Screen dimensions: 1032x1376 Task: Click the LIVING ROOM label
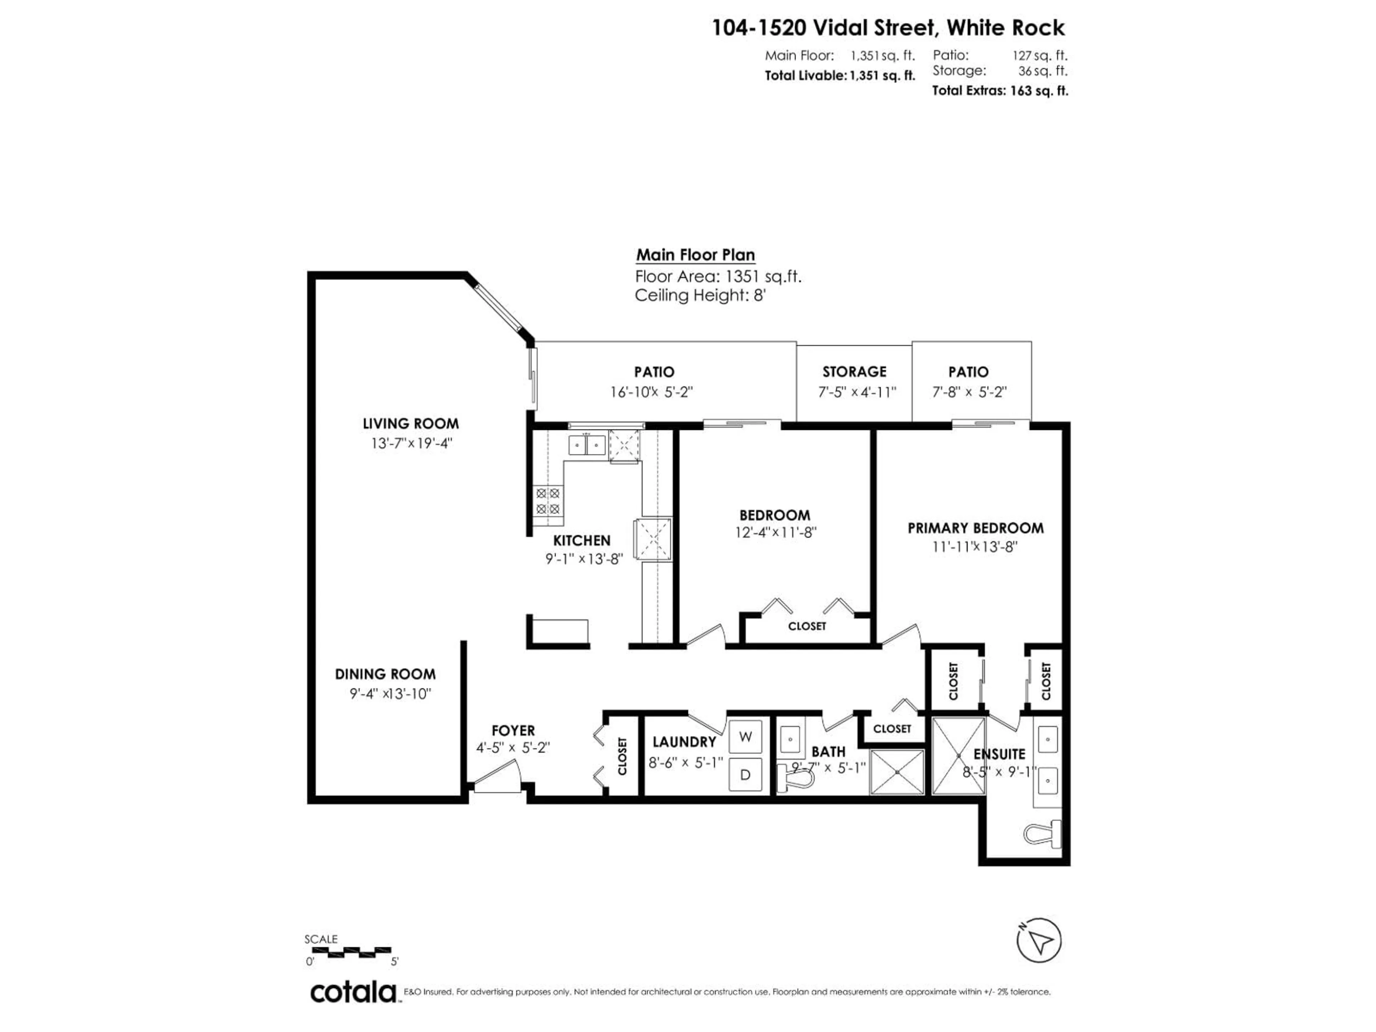pos(411,424)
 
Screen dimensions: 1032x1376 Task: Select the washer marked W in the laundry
pos(745,737)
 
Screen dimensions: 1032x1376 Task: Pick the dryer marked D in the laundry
pos(745,774)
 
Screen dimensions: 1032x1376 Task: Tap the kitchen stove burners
pos(548,501)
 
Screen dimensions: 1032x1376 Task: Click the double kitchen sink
pos(587,445)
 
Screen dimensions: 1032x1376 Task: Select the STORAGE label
pos(854,372)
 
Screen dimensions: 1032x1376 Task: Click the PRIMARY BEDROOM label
pos(975,528)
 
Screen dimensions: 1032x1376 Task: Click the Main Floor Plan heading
pos(696,255)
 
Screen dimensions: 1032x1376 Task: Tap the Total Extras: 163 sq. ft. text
pos(1000,91)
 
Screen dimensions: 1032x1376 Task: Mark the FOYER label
pos(513,730)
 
